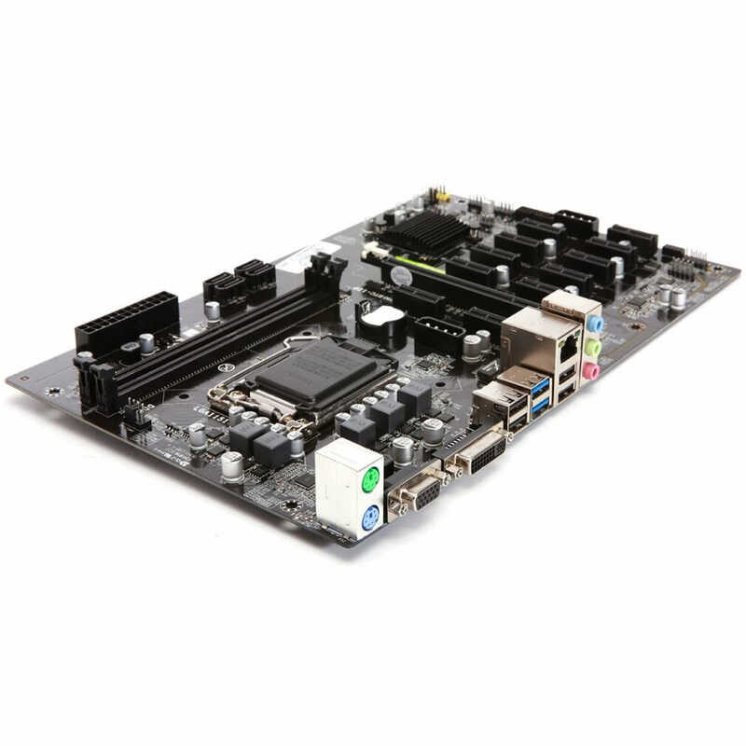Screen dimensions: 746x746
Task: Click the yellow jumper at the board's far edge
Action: coord(442,197)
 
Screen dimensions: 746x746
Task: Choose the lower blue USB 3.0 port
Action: coord(540,406)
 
